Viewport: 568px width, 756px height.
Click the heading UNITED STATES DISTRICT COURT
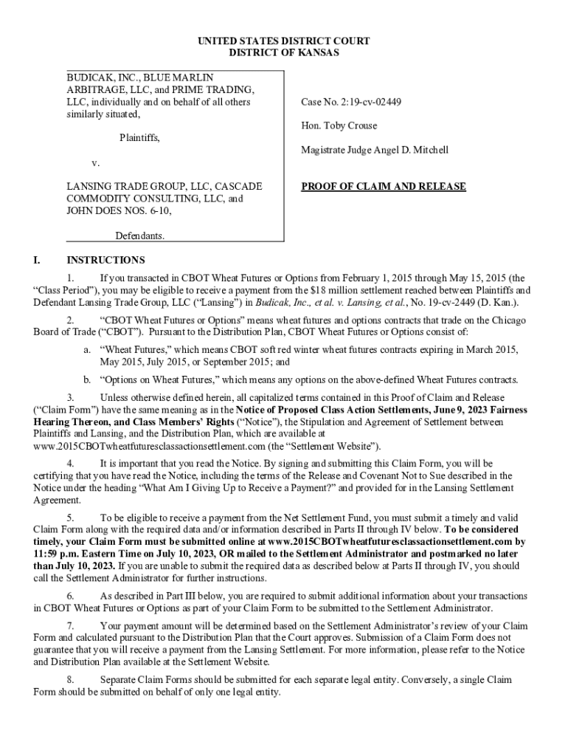coord(284,41)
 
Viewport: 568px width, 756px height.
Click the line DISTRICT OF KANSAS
coord(284,53)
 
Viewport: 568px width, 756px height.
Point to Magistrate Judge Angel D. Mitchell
coord(374,150)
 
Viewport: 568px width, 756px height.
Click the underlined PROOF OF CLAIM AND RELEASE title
coord(383,187)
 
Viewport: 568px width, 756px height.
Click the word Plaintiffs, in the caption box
coord(140,137)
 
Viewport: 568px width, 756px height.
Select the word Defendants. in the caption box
coord(139,236)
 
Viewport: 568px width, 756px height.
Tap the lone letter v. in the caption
coord(95,162)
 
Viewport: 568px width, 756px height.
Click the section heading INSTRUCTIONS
coord(105,260)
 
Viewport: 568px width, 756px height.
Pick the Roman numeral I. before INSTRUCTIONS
coord(38,260)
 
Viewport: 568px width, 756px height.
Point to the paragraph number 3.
coord(70,397)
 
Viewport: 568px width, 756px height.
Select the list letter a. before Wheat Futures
coord(87,348)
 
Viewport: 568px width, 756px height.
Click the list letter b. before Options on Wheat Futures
coord(87,380)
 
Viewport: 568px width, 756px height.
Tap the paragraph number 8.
coord(70,679)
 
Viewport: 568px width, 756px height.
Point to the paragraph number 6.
coord(70,596)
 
